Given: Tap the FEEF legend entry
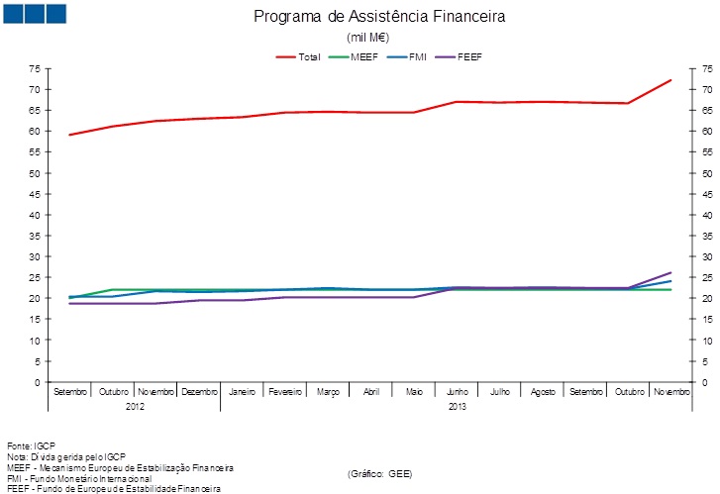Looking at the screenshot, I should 466,56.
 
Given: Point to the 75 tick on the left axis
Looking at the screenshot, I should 35,68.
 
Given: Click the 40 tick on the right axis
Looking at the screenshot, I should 707,215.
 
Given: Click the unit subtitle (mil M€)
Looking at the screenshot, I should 365,37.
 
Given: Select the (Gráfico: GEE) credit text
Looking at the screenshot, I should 379,474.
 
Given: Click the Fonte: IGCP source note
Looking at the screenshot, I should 31,445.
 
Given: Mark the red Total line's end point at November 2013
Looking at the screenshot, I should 671,80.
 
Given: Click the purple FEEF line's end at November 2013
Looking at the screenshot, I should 671,272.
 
